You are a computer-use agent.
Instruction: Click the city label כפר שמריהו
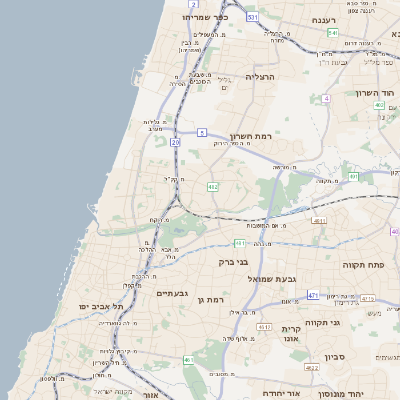coord(205,17)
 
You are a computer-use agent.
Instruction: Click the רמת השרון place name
coord(251,136)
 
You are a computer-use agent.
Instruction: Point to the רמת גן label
coord(215,300)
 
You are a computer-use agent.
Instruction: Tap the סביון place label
coord(334,356)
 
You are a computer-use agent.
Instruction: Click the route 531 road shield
coord(253,17)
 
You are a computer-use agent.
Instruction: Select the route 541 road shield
coord(332,33)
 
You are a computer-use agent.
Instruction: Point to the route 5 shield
coord(202,132)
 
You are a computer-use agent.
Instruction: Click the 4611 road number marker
coord(319,220)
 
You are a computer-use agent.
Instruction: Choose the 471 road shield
coord(313,295)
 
